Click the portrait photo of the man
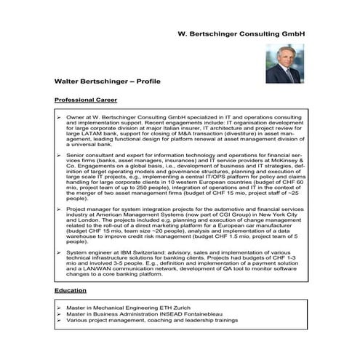pyautogui.click(x=284, y=64)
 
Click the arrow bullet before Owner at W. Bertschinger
pyautogui.click(x=58, y=116)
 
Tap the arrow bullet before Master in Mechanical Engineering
pyautogui.click(x=58, y=308)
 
